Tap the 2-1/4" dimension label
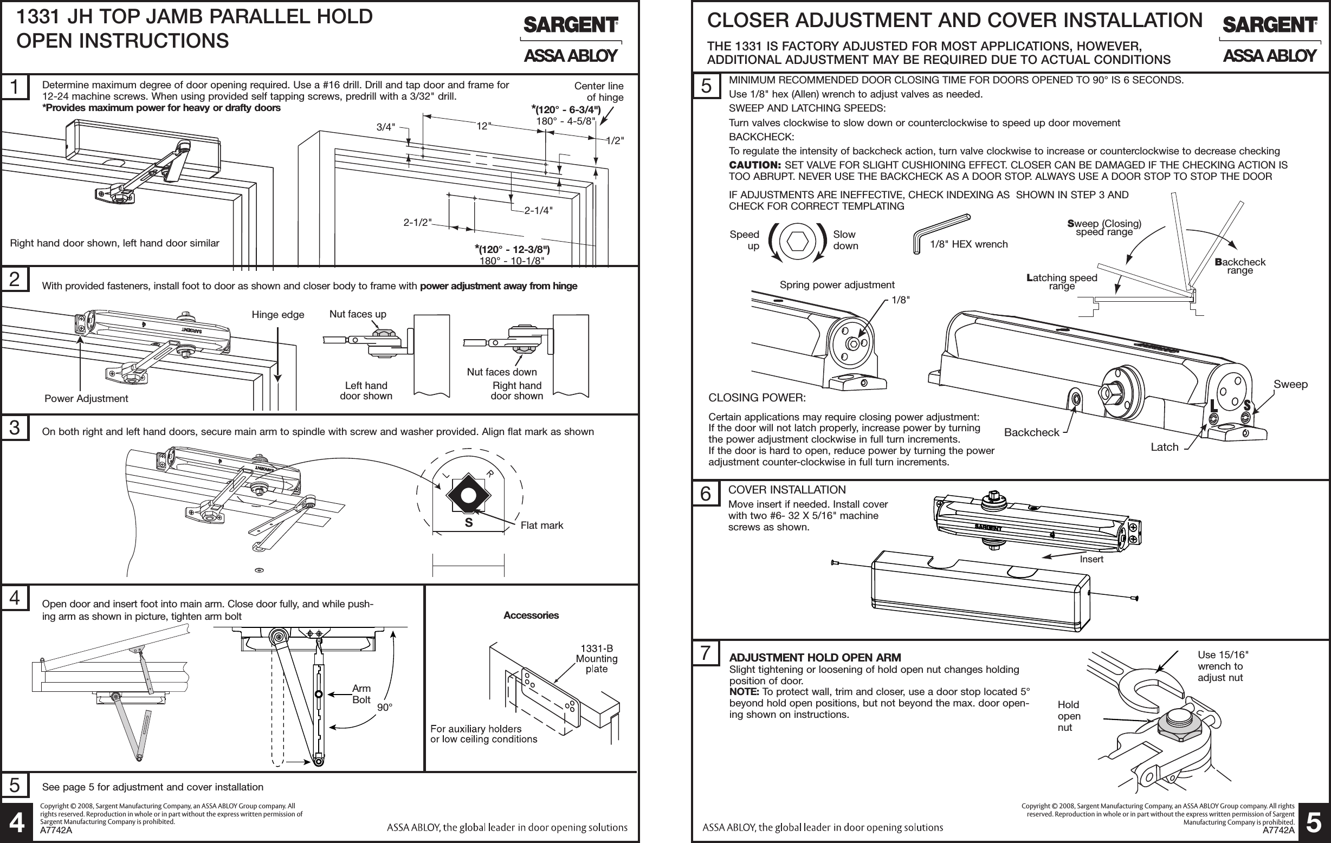(x=538, y=210)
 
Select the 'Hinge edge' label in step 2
(x=277, y=315)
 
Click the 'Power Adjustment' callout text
(x=86, y=398)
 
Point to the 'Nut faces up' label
(x=358, y=314)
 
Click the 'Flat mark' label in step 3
(x=541, y=526)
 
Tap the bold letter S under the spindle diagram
(x=469, y=523)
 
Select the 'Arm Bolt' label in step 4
(x=361, y=694)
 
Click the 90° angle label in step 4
(x=384, y=707)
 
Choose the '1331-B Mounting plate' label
(x=597, y=658)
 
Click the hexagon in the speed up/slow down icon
(x=797, y=241)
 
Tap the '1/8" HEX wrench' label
(x=968, y=244)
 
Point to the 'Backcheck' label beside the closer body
(x=1031, y=432)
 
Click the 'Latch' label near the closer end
(x=1164, y=447)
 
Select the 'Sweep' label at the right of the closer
(x=1290, y=384)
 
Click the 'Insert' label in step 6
(x=1091, y=559)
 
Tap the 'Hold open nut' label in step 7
(x=1069, y=716)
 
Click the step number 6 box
(x=706, y=494)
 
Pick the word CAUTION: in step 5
(x=754, y=165)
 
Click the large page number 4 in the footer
(x=17, y=823)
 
